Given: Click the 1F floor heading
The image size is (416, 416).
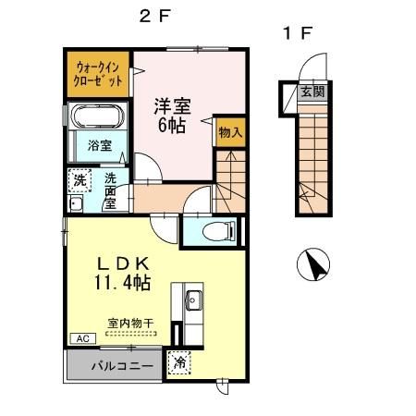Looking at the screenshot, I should (x=298, y=34).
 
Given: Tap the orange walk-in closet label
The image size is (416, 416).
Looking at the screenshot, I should (x=98, y=73).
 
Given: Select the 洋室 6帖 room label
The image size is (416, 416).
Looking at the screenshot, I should (x=172, y=116).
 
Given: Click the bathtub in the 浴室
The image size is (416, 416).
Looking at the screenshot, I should (x=99, y=120).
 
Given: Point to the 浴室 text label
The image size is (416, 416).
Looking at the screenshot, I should (x=99, y=146).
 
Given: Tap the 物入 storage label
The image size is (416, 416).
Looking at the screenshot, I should (x=229, y=132).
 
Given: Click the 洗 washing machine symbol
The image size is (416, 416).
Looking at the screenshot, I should (x=79, y=179).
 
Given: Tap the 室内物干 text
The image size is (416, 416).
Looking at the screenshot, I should (x=130, y=324).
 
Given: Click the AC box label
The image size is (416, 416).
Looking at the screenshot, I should (x=80, y=338).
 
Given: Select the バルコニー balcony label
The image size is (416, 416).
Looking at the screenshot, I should (x=115, y=365).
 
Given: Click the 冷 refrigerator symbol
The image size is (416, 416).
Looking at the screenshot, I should (x=180, y=363).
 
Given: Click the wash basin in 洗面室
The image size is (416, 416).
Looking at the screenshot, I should (x=76, y=204).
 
